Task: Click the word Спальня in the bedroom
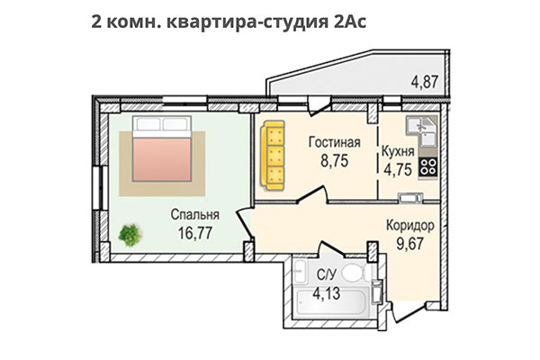pos(194,215)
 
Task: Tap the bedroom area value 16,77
pos(194,233)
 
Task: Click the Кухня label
pos(398,150)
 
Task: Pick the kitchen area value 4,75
pos(398,168)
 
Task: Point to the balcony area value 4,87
pos(425,82)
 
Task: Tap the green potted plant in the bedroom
pos(130,234)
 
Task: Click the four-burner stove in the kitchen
pos(428,166)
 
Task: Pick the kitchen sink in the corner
pos(422,131)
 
